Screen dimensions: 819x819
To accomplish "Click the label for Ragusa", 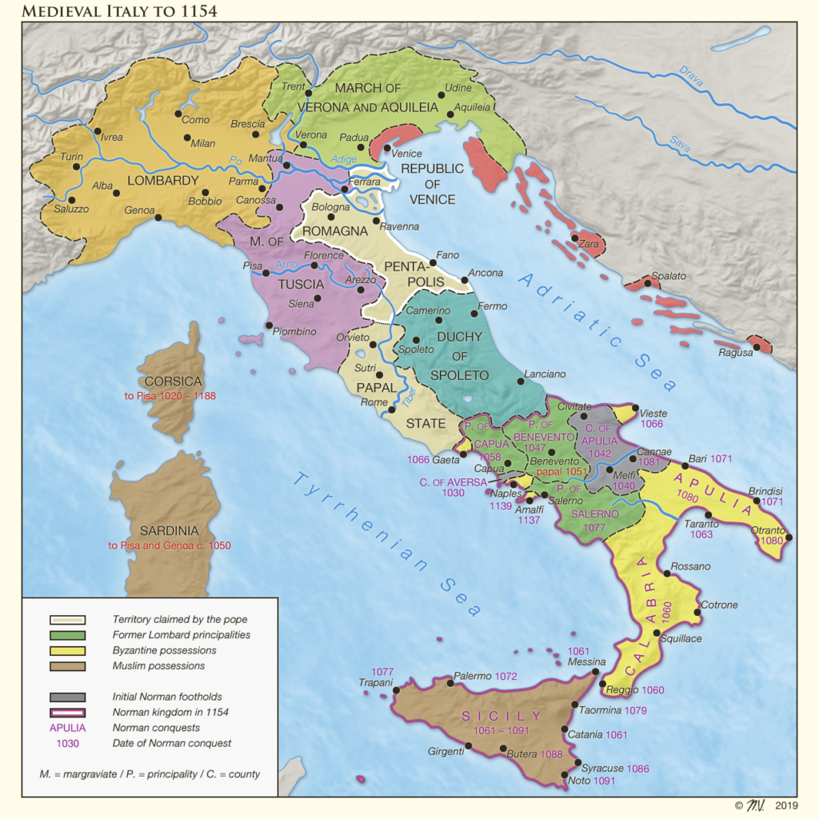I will pos(736,353).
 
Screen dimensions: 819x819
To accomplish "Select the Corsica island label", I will pos(174,382).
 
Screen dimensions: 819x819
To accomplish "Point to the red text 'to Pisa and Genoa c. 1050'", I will pos(170,545).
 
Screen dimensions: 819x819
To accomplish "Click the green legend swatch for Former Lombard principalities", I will pos(67,635).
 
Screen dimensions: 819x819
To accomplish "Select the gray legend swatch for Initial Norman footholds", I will pos(67,697).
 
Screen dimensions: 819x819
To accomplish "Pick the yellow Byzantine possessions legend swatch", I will pos(67,650).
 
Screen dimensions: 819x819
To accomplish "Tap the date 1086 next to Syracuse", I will pos(637,769).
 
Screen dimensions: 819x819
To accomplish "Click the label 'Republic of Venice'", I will pos(432,184).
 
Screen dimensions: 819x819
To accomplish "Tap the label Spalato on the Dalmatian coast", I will pos(669,276).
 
